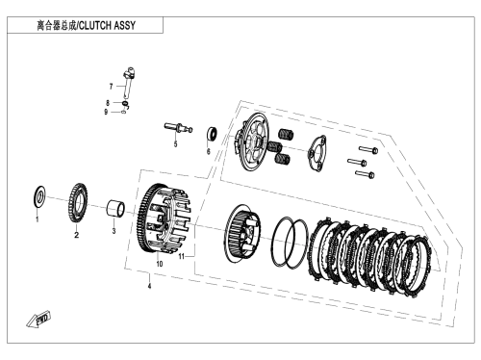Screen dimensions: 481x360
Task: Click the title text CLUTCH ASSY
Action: click(x=107, y=25)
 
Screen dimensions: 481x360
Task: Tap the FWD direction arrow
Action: click(x=38, y=319)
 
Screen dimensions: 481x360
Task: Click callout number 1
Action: click(x=37, y=219)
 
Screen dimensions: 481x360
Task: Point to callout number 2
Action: click(x=76, y=235)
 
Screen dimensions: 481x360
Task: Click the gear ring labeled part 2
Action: click(x=78, y=202)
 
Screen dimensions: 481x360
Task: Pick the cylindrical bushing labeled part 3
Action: click(x=115, y=209)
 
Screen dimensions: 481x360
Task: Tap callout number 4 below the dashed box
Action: click(x=149, y=286)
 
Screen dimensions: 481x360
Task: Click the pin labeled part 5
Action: click(x=178, y=127)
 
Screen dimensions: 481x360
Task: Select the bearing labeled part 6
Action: click(x=212, y=134)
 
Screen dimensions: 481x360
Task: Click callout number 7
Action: click(x=111, y=87)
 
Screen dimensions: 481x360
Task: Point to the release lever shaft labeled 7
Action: click(x=128, y=82)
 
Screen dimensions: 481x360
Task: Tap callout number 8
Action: click(x=108, y=103)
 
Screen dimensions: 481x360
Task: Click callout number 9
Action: click(x=106, y=112)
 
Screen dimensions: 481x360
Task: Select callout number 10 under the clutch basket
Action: click(x=160, y=264)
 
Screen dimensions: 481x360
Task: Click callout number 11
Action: click(x=182, y=256)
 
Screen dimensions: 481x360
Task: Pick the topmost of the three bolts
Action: click(x=368, y=149)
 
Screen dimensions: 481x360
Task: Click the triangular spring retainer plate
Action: click(x=316, y=152)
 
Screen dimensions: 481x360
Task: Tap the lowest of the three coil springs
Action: click(x=283, y=159)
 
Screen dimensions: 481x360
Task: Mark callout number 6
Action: click(x=209, y=151)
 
